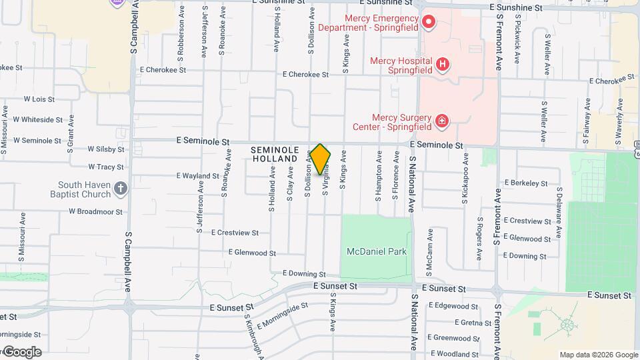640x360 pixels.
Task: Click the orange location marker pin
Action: click(x=320, y=159)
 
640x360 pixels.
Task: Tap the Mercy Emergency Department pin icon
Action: click(x=429, y=23)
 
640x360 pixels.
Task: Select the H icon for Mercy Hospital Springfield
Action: click(x=443, y=65)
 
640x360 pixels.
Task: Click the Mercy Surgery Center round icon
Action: click(x=441, y=121)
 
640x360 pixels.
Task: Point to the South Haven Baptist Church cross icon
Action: click(x=120, y=189)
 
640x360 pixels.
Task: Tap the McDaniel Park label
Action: click(x=377, y=251)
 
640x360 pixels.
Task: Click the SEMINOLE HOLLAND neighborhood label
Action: click(x=275, y=155)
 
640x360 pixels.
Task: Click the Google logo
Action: click(x=21, y=352)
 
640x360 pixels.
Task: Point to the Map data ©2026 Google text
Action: click(x=598, y=355)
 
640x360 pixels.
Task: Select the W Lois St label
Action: click(x=39, y=99)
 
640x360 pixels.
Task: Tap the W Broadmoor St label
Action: click(x=96, y=211)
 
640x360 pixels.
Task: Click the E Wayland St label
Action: click(x=197, y=176)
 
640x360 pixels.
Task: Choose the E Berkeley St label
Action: click(x=526, y=183)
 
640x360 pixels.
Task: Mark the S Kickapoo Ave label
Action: click(x=465, y=177)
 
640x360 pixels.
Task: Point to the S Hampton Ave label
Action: click(x=378, y=175)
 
